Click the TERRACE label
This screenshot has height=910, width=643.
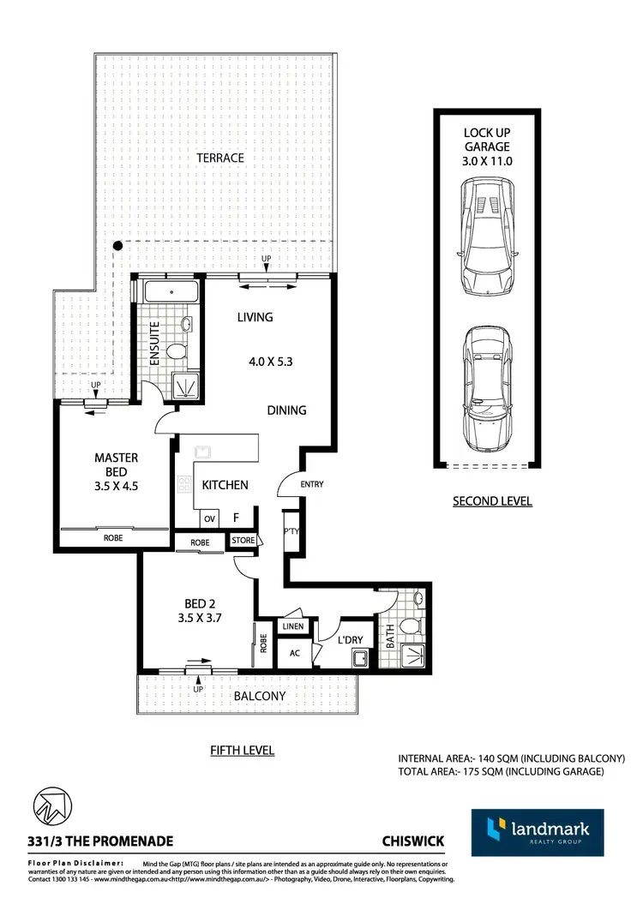coord(220,158)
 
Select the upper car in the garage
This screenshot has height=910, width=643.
coord(486,237)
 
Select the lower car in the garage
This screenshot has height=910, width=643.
coord(486,393)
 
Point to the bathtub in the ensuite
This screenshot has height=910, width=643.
coord(171,291)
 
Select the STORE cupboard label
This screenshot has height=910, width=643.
coord(243,541)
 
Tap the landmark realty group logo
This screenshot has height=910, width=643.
coord(537,832)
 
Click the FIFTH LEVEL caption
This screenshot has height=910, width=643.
coord(243,751)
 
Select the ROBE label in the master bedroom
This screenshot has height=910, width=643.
coord(113,538)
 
